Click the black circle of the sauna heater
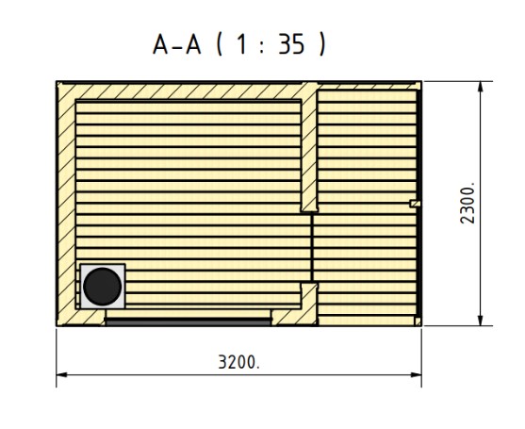point(103,287)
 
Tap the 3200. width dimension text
point(238,362)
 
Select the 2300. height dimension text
point(468,203)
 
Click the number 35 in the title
point(291,44)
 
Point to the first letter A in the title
point(160,44)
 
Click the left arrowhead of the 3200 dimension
point(61,374)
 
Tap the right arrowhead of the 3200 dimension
point(416,374)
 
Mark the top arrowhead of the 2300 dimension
point(481,87)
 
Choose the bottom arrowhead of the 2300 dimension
point(481,321)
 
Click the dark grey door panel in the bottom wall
point(189,322)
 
